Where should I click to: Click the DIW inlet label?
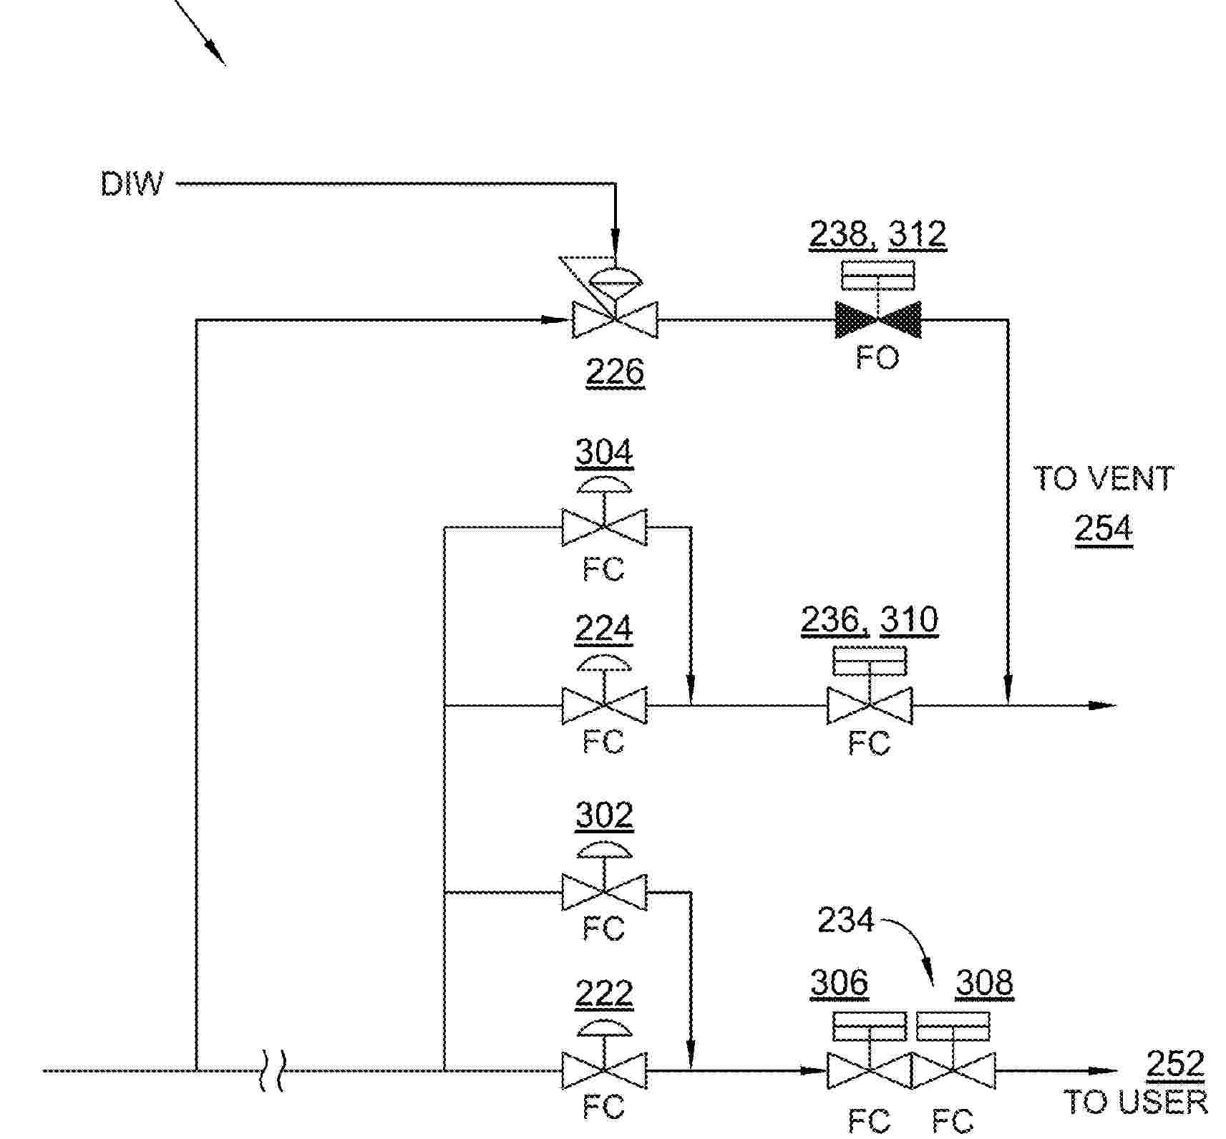pyautogui.click(x=132, y=184)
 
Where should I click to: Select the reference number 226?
pyautogui.click(x=615, y=372)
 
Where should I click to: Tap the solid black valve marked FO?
pyautogui.click(x=877, y=319)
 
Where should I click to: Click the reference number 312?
pyautogui.click(x=917, y=234)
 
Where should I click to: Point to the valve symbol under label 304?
pyautogui.click(x=604, y=527)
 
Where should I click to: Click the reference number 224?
pyautogui.click(x=604, y=629)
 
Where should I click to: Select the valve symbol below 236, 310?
pyautogui.click(x=869, y=705)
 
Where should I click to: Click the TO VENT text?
pyautogui.click(x=1103, y=478)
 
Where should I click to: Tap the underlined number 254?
pyautogui.click(x=1103, y=529)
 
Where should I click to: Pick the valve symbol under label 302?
pyautogui.click(x=604, y=892)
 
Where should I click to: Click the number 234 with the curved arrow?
pyautogui.click(x=846, y=920)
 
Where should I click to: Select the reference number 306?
pyautogui.click(x=839, y=982)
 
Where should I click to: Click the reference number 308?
pyautogui.click(x=984, y=982)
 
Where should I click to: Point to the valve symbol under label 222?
pyautogui.click(x=604, y=1070)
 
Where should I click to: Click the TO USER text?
pyautogui.click(x=1135, y=1102)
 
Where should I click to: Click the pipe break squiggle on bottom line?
pyautogui.click(x=273, y=1071)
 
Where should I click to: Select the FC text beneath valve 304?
pyautogui.click(x=603, y=570)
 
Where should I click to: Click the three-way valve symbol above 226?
pyautogui.click(x=615, y=319)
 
